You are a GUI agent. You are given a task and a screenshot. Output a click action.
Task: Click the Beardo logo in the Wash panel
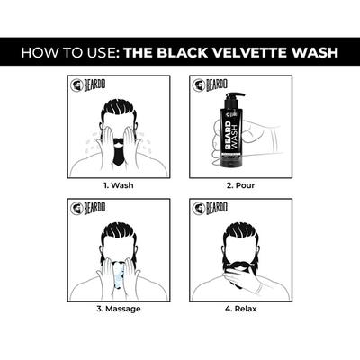click(87, 87)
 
